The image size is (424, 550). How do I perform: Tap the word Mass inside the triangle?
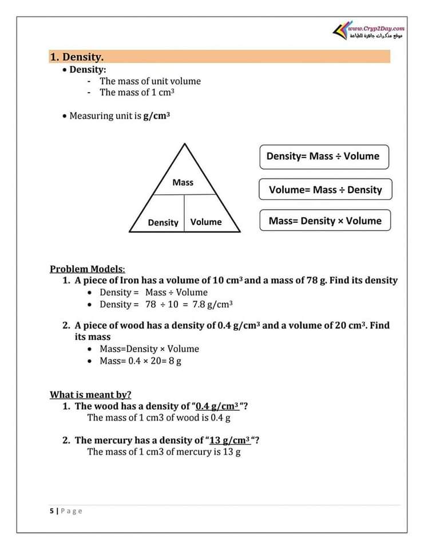[x=183, y=182]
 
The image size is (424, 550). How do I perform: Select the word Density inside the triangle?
[x=163, y=222]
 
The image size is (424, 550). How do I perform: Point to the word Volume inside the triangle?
[x=206, y=222]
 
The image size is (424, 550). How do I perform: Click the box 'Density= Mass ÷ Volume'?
[x=323, y=156]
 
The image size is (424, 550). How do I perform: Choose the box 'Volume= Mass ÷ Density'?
[x=325, y=190]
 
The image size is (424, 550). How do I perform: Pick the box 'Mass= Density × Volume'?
[x=325, y=221]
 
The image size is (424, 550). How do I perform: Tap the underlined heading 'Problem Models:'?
[x=87, y=269]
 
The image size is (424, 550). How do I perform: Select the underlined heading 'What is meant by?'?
[x=90, y=394]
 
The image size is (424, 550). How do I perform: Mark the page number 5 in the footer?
[x=51, y=510]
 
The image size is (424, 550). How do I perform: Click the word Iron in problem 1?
[x=127, y=280]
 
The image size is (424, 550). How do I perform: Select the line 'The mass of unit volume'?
[x=150, y=81]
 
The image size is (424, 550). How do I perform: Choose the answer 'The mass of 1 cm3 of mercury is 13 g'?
[x=164, y=451]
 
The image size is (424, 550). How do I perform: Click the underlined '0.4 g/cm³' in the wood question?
[x=217, y=406]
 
